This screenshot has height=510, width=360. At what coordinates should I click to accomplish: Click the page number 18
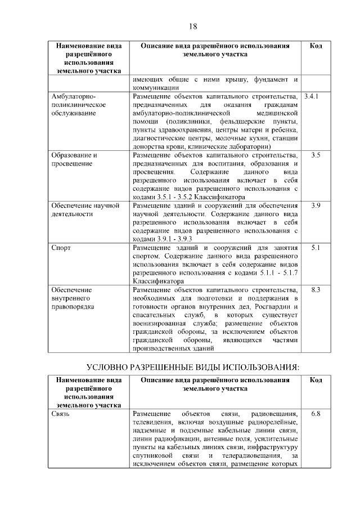(192, 26)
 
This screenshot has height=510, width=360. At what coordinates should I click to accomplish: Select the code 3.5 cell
(316, 155)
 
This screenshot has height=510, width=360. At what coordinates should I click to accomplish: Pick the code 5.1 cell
(316, 248)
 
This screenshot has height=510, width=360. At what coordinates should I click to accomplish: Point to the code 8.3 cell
(316, 290)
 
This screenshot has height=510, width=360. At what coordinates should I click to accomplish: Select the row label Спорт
(61, 248)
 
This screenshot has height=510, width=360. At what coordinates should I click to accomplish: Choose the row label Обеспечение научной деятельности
(85, 210)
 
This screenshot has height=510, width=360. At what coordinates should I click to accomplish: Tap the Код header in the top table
(316, 46)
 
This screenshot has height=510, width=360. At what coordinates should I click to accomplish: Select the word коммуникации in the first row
(156, 88)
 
